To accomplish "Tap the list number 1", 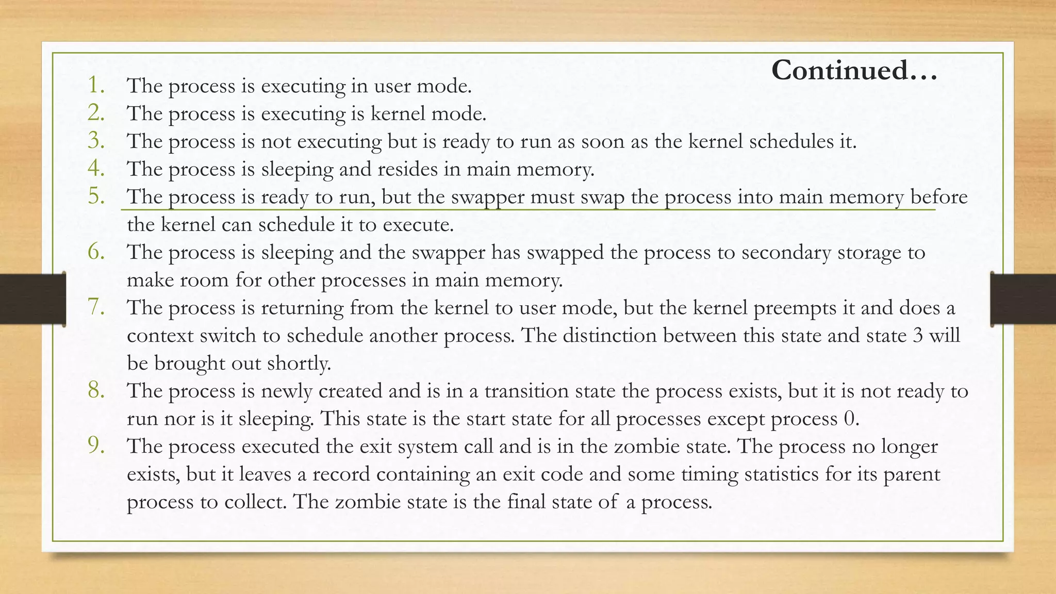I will pos(96,85).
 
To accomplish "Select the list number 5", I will pos(96,196).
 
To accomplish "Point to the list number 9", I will pos(96,446).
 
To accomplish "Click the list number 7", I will pos(96,307).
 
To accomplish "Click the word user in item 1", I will pos(392,86).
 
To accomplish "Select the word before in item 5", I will pos(938,197).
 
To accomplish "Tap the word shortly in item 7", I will pos(299,364).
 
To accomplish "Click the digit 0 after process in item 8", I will pos(850,419).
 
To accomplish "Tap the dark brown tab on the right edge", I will pos(1023,299).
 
